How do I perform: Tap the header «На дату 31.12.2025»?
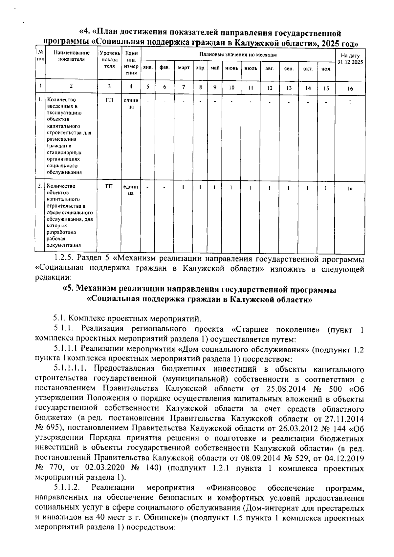click(x=350, y=59)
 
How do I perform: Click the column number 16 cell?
click(x=350, y=89)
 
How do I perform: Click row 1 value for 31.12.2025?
click(x=350, y=102)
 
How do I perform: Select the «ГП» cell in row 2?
click(x=109, y=186)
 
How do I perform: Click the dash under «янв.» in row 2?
click(x=148, y=188)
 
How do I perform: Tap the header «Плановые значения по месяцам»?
click(x=238, y=54)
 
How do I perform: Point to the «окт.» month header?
click(x=308, y=69)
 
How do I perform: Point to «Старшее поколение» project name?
click(x=278, y=329)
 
